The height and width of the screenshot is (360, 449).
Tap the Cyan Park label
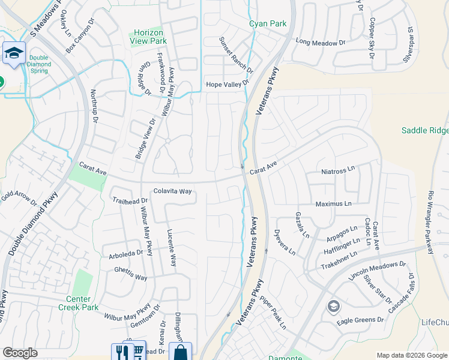point(268,24)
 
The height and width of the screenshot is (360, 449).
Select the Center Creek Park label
point(79,303)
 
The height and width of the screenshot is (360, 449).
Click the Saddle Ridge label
point(425,130)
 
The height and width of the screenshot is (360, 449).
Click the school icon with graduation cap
point(13,53)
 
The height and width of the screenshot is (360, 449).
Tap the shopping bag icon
point(179,352)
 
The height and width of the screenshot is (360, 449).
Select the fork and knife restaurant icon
point(120,352)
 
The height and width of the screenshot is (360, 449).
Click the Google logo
point(20,353)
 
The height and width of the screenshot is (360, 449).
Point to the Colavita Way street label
point(172,191)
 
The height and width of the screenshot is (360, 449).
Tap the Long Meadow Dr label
point(322,43)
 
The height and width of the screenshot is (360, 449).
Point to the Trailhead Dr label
point(130,200)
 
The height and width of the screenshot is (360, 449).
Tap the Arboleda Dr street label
point(126,253)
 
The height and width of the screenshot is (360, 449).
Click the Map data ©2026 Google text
point(411,355)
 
